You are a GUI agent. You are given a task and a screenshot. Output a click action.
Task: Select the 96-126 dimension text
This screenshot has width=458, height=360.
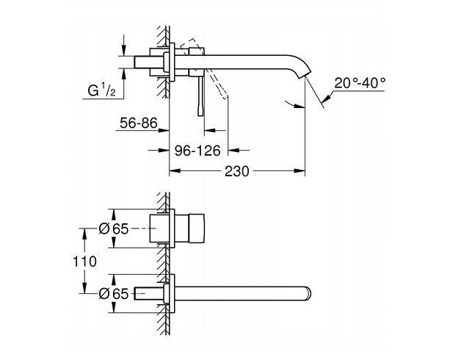197,150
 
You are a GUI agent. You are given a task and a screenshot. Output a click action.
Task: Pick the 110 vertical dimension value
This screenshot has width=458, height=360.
86,261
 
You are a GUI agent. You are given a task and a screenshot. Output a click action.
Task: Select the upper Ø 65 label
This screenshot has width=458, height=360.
114,228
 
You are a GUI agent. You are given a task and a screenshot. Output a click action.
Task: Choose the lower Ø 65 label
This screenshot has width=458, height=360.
114,294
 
